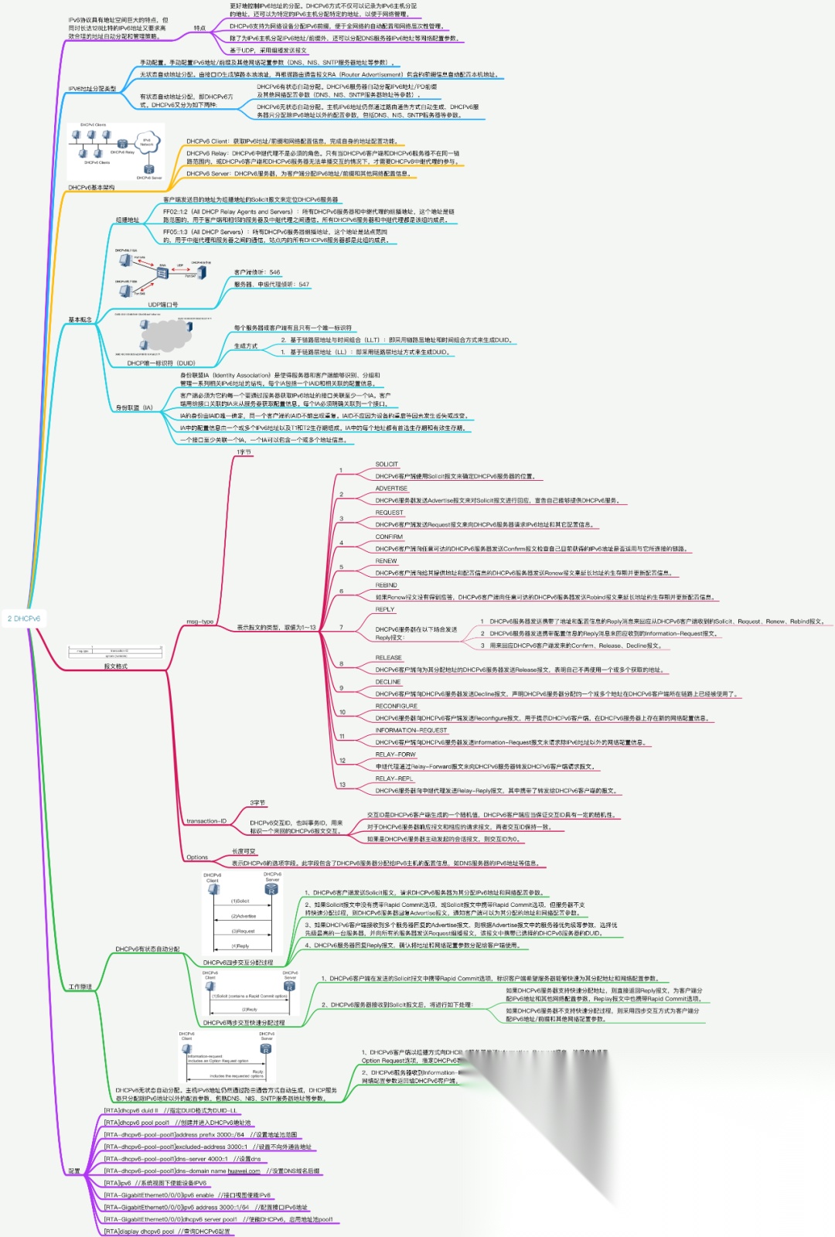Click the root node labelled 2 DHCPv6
coord(24,618)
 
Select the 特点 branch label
coord(199,29)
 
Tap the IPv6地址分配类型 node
coord(92,89)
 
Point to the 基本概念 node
coord(80,319)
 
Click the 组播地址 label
coord(128,220)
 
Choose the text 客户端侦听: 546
coord(257,272)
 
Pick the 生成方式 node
coord(246,346)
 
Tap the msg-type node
coord(199,622)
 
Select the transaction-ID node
coord(206,821)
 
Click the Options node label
coord(197,857)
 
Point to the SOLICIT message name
coord(387,465)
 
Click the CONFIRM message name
coord(389,537)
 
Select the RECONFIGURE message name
coord(396,706)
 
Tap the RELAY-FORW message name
coord(395,755)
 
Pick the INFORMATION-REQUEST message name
coord(411,730)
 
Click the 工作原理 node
coord(80,987)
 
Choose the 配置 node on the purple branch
coord(74,1171)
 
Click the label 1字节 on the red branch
coord(244,452)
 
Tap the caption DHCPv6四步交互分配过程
coord(237,963)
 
